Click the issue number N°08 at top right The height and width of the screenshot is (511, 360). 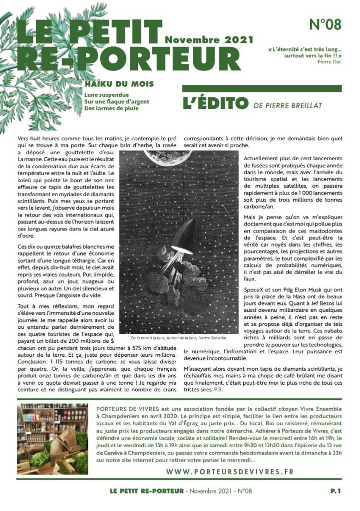click(x=325, y=25)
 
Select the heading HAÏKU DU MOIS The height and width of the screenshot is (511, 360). click(x=119, y=84)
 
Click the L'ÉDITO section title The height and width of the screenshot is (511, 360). click(x=215, y=104)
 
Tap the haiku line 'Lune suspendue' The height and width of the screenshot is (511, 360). click(x=107, y=94)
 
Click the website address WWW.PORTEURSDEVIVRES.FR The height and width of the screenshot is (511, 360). click(x=230, y=472)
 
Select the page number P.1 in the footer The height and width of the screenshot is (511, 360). click(x=336, y=492)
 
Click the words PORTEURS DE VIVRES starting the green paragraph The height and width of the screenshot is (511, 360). click(x=126, y=408)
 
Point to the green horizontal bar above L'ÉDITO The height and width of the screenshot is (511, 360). click(x=262, y=88)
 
